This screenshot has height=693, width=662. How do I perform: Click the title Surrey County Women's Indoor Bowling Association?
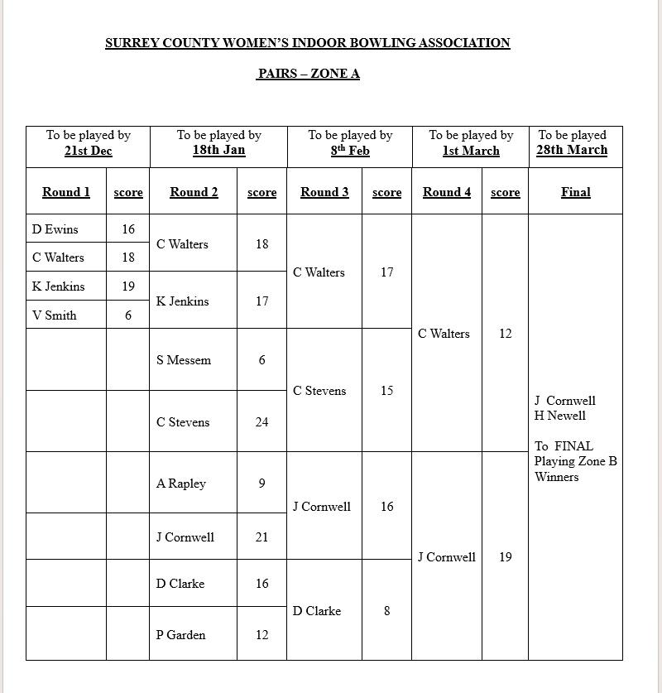coord(308,43)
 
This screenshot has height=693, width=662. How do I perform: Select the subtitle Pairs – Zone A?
coord(308,74)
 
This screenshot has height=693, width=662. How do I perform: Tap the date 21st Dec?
coord(88,152)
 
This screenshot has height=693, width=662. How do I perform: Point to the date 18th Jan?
coord(218,151)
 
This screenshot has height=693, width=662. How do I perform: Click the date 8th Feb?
coord(350,152)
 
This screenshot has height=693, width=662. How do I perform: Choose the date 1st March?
coord(471,152)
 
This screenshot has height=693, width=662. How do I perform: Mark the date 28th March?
coord(572,151)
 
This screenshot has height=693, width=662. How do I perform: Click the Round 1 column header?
coord(66,192)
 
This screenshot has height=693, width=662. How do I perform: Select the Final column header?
coord(575,192)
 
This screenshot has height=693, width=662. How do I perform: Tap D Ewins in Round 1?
coord(55,229)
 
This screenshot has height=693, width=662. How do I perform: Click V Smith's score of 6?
coord(128,315)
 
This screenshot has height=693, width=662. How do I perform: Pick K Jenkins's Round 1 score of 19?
coord(128,286)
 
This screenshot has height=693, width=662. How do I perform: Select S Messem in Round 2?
coord(184,360)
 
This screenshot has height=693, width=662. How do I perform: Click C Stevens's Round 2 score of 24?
coord(261,422)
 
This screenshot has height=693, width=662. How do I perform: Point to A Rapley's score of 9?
coord(261,484)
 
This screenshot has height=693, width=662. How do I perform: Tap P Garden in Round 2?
coord(181,635)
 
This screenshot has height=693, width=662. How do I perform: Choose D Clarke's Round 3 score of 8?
coord(386,611)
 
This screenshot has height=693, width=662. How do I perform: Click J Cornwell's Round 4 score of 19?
coord(506,557)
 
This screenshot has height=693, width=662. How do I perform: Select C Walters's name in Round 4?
coord(444,334)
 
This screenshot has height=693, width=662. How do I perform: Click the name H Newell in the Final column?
coord(560,416)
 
